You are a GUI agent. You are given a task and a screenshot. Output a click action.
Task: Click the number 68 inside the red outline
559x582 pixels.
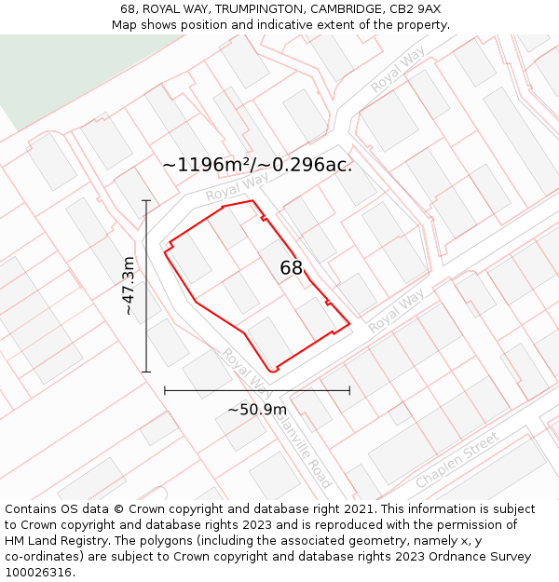292,268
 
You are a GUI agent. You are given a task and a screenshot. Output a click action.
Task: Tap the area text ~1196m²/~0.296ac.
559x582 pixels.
258,165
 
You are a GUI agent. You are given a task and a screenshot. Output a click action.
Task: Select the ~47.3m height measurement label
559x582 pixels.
129,286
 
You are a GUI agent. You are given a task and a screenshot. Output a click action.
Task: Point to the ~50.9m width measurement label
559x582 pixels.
257,409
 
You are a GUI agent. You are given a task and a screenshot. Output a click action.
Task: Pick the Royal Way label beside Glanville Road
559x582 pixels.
246,372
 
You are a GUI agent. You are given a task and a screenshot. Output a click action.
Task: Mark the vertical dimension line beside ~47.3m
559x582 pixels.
146,286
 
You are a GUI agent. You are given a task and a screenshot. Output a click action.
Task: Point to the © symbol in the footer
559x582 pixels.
117,509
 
